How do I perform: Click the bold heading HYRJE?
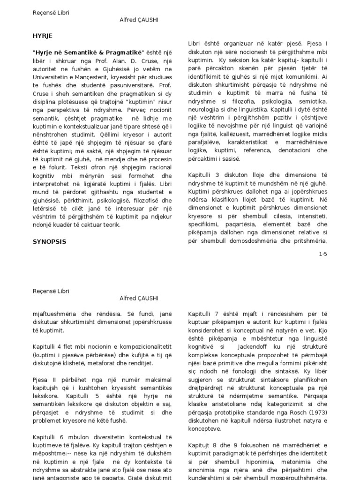pyautogui.click(x=43, y=35)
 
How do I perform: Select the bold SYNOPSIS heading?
pyautogui.click(x=49, y=242)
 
